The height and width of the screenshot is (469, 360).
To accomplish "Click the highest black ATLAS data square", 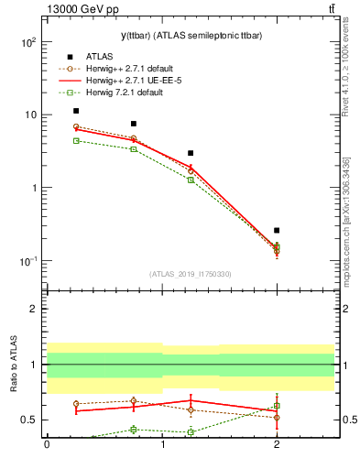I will point(76,111).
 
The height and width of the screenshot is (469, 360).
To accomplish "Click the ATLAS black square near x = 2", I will point(277,231).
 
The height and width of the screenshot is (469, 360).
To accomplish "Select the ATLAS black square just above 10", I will point(134,124).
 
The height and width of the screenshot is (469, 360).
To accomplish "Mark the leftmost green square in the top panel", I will point(76,141).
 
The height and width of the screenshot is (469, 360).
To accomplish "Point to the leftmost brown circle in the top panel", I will point(76,126).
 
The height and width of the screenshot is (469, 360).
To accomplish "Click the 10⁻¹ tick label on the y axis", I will point(27,261).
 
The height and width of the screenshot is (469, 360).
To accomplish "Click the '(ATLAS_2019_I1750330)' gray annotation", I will point(191,274).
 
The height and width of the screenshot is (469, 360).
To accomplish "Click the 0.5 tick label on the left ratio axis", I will point(31,420).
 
